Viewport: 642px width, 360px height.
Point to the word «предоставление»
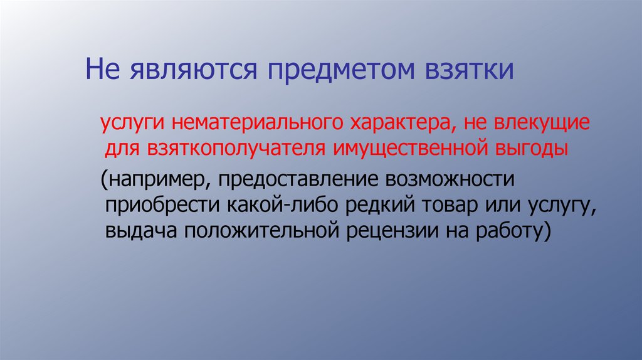tap(290, 181)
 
